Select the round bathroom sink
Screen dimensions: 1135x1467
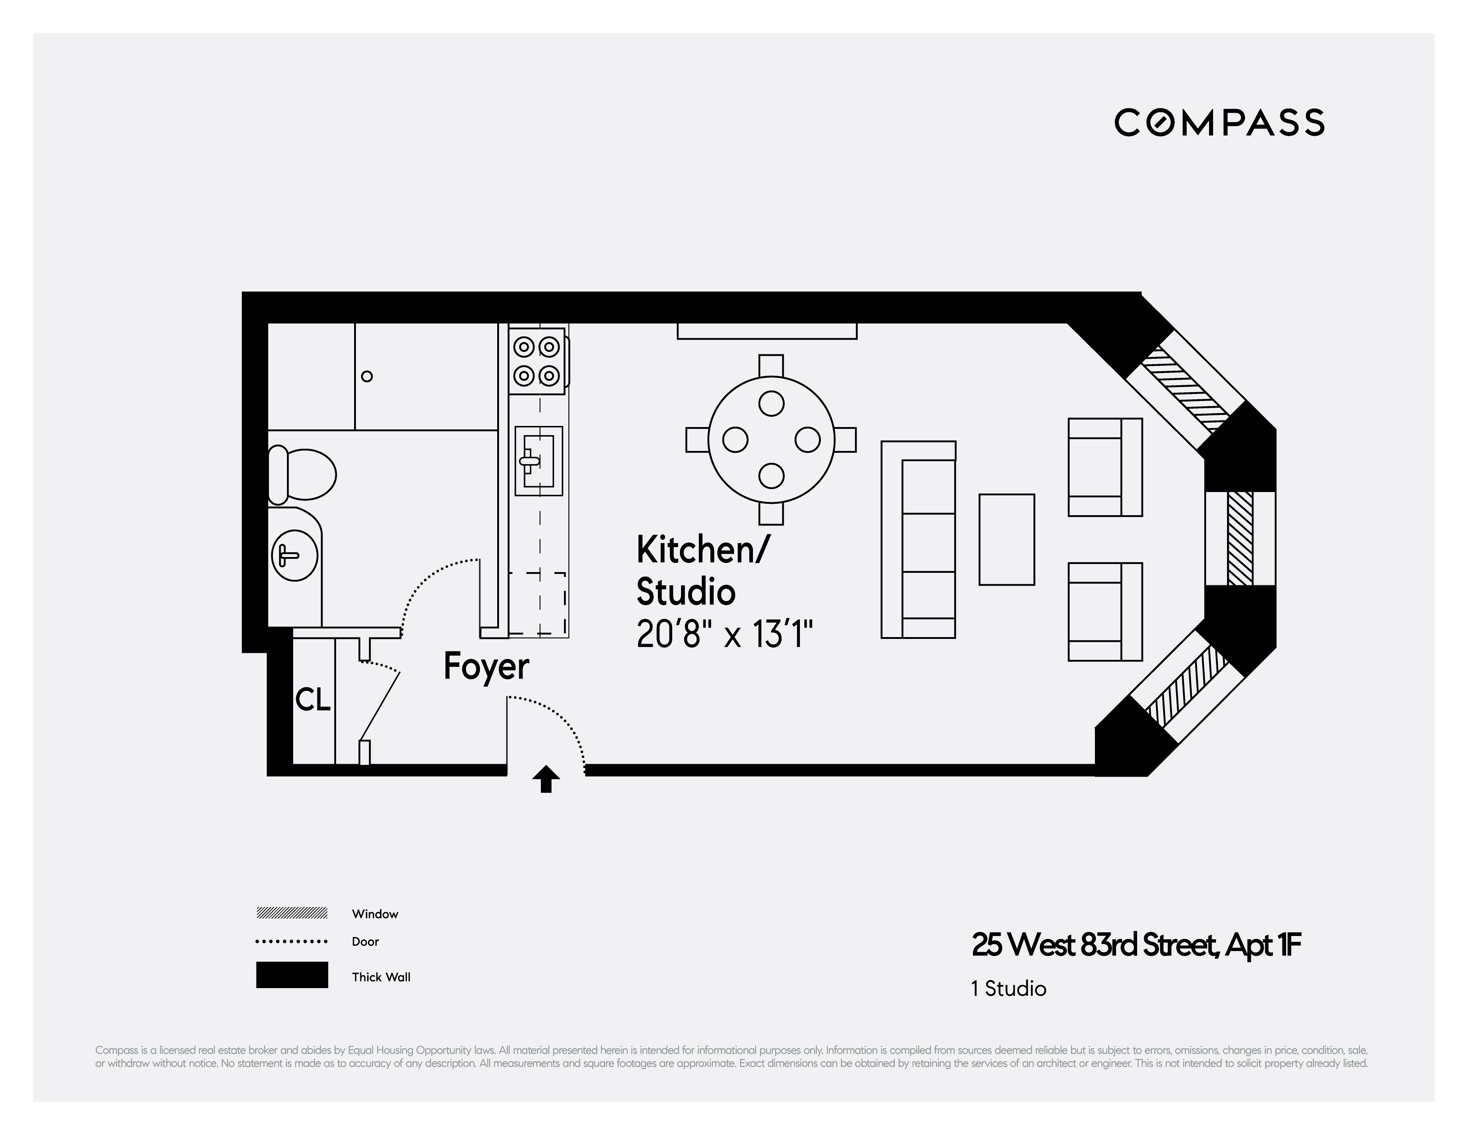coord(294,556)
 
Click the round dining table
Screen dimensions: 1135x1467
coord(771,440)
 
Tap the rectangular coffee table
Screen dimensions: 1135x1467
coord(1006,540)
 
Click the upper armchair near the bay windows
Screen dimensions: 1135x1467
coord(1105,467)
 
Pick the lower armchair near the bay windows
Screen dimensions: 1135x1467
coord(1105,611)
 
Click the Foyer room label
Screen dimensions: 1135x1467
coord(486,666)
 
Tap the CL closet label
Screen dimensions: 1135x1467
coord(313,700)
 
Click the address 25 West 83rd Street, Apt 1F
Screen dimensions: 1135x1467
coord(1136,945)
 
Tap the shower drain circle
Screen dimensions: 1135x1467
coord(367,376)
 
